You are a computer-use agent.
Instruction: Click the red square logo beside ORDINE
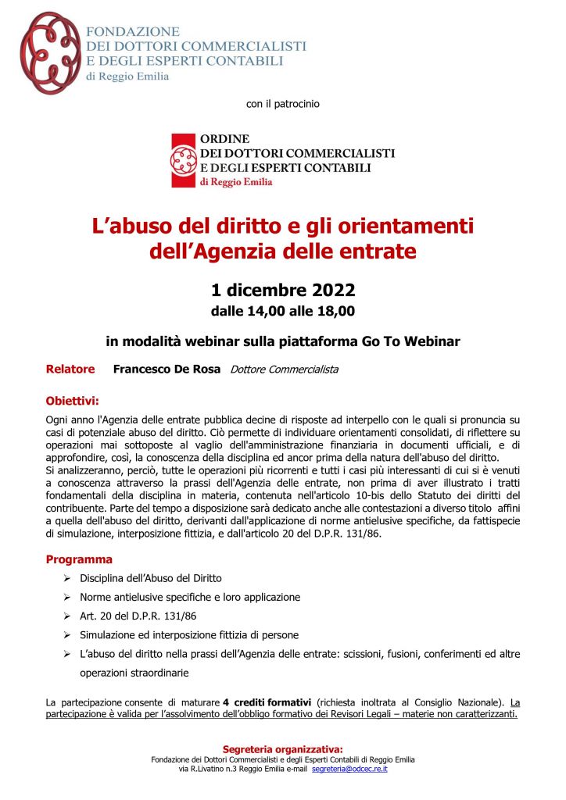point(184,159)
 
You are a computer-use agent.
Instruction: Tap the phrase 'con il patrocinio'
point(282,103)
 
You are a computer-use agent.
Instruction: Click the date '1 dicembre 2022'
point(283,291)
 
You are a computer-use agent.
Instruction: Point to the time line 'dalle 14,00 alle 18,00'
point(283,312)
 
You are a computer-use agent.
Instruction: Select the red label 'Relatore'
point(70,369)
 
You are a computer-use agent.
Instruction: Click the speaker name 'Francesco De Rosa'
point(167,369)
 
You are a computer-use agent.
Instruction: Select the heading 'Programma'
point(79,559)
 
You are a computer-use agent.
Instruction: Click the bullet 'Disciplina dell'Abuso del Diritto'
point(151,579)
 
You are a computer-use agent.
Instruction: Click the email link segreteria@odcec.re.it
point(349,770)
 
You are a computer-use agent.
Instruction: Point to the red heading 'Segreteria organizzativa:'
point(283,748)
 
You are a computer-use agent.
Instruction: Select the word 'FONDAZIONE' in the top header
point(132,32)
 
